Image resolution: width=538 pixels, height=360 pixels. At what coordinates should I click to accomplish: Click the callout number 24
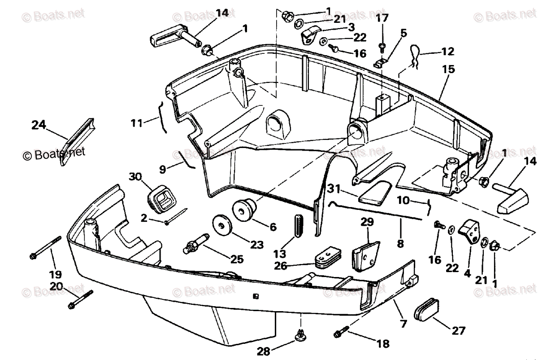click(39, 125)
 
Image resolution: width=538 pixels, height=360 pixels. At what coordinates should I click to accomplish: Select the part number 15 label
click(448, 69)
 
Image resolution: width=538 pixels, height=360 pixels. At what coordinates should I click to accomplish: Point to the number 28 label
click(264, 350)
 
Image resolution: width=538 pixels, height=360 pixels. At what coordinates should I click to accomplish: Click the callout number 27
click(458, 331)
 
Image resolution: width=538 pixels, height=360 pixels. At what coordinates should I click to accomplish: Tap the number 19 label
click(56, 274)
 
